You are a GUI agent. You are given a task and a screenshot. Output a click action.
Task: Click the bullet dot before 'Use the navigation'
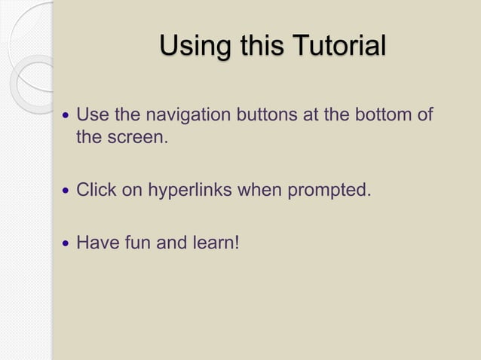point(66,117)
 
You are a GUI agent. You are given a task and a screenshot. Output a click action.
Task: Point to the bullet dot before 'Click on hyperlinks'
point(66,191)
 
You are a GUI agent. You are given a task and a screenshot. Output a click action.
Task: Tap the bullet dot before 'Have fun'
point(66,244)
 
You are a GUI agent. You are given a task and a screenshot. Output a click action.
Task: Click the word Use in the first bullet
point(92,116)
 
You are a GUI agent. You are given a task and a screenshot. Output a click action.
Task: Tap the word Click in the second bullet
point(97,190)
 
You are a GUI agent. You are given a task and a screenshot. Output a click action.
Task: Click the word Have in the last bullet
point(95,243)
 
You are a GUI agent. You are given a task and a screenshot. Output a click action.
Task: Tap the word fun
point(134,243)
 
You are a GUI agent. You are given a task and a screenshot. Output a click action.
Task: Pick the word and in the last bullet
point(170,243)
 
